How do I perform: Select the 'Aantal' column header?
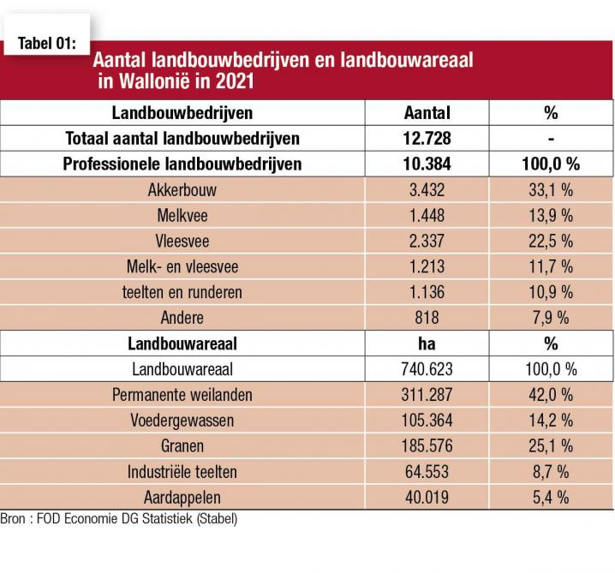[427, 112]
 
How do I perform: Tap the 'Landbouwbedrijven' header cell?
[182, 112]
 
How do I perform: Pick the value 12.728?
[427, 138]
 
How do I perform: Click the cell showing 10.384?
[427, 164]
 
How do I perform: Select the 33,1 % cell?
[550, 190]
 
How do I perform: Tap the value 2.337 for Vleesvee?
[427, 242]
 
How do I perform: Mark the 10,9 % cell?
[550, 292]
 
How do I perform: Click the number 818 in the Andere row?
[427, 318]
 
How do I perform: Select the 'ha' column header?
[427, 343]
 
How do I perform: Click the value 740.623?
[427, 369]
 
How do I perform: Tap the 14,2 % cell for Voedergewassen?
[550, 421]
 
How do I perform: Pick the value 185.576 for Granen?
[427, 446]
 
